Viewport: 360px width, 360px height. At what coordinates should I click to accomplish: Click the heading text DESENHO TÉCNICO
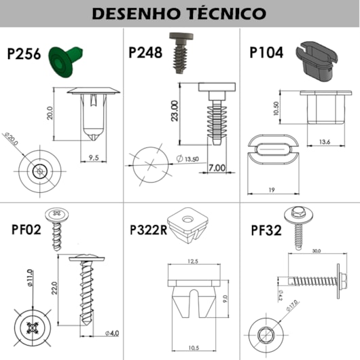click(x=179, y=13)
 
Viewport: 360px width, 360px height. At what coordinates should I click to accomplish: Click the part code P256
click(x=24, y=54)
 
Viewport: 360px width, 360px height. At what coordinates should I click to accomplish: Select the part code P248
click(x=145, y=52)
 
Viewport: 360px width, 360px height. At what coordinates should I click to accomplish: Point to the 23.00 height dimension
click(x=174, y=113)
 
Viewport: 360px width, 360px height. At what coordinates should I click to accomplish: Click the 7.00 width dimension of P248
click(x=218, y=167)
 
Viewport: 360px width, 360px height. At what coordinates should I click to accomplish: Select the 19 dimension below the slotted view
click(x=270, y=190)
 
